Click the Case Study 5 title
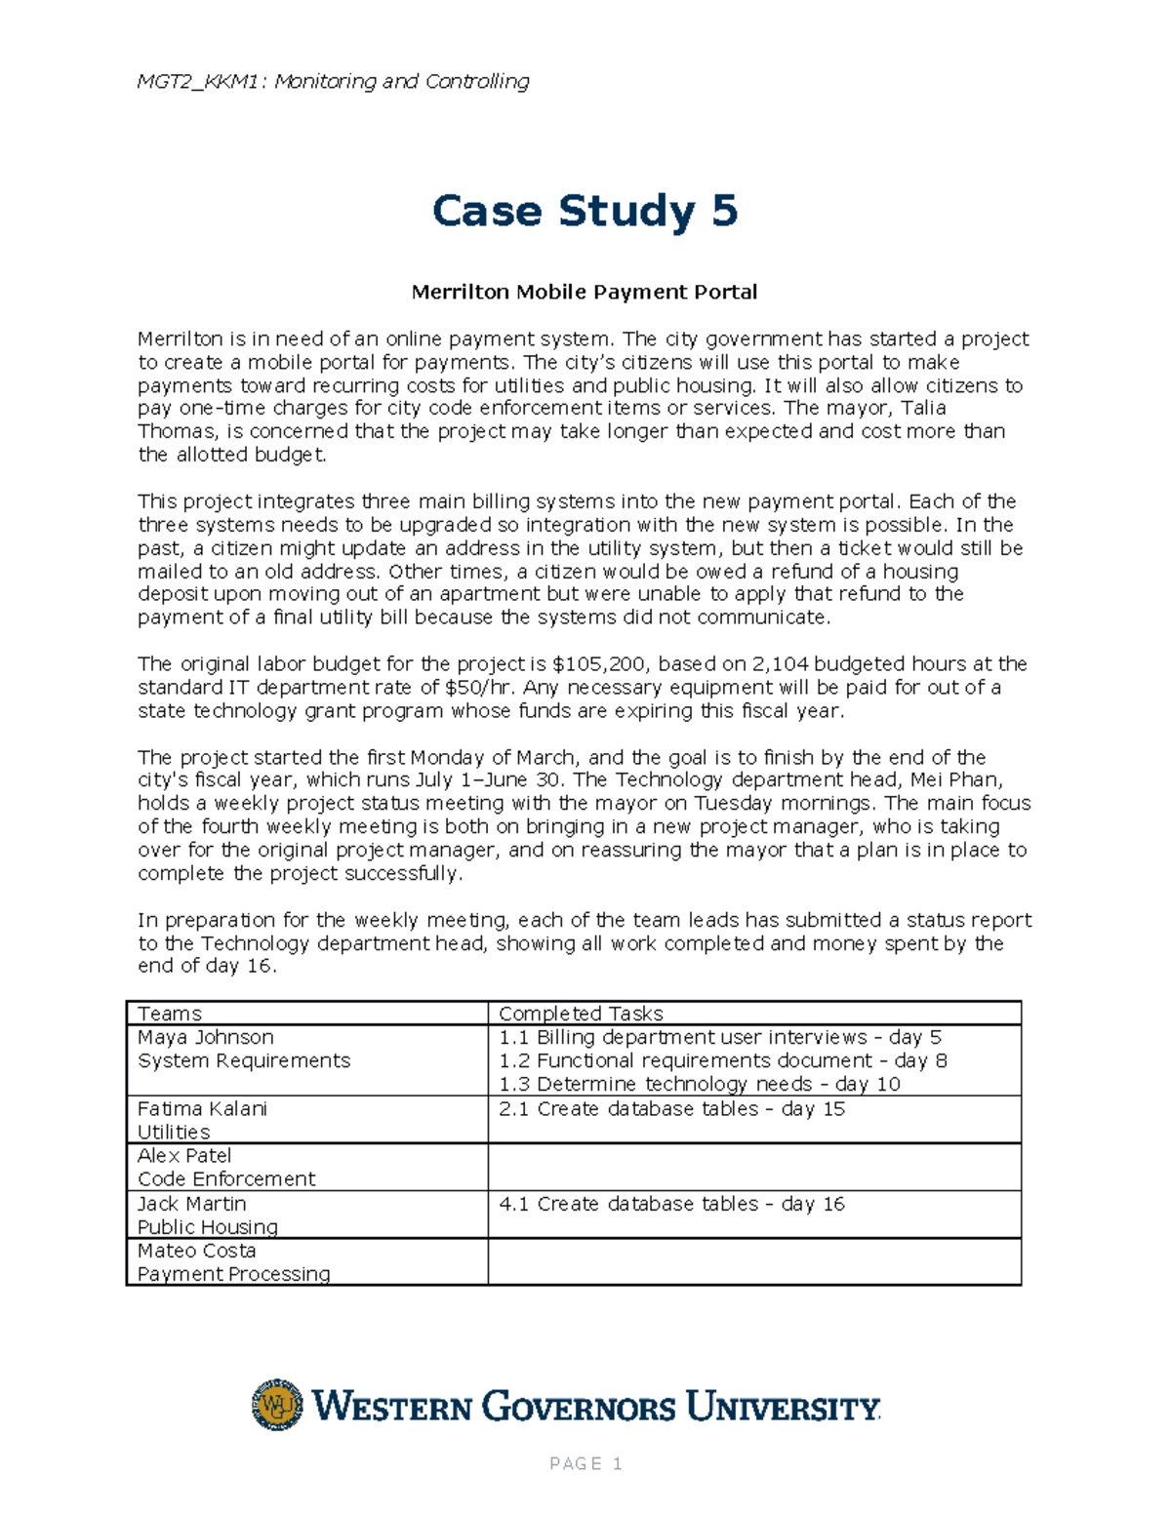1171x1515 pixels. [x=585, y=212]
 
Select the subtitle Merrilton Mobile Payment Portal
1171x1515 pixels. [x=584, y=292]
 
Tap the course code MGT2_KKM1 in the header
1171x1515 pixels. [x=200, y=81]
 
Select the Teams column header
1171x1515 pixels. [x=170, y=1014]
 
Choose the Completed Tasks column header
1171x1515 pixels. [x=581, y=1014]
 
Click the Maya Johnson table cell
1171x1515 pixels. [x=206, y=1037]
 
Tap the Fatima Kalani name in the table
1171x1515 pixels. [x=202, y=1109]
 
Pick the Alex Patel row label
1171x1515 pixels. [x=184, y=1156]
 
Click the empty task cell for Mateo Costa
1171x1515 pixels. [x=753, y=1262]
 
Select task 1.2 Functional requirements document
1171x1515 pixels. [x=722, y=1060]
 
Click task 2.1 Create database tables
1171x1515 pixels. [x=671, y=1109]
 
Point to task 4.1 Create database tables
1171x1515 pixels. [x=671, y=1204]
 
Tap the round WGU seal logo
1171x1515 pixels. [x=277, y=1405]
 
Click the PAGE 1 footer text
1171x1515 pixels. [x=585, y=1463]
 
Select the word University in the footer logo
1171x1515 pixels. [x=783, y=1408]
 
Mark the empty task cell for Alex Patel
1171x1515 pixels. [x=753, y=1167]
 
